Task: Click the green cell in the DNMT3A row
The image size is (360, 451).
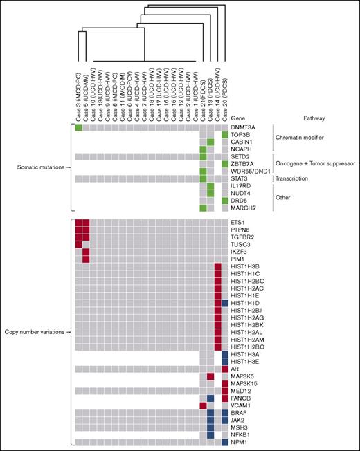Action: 78,127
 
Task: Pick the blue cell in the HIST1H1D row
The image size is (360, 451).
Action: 225,304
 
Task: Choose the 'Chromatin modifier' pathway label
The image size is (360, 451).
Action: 299,138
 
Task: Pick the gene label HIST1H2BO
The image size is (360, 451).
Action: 248,347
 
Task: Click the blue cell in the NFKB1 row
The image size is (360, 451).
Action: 210,434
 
